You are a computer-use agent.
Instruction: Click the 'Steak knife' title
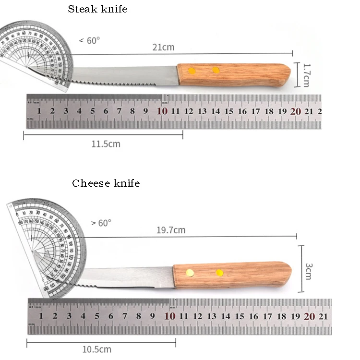[97, 9]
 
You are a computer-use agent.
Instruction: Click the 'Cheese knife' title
[106, 183]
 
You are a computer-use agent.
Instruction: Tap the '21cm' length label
[163, 47]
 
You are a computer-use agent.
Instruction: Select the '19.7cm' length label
[171, 230]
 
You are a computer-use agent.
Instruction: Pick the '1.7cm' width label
[306, 75]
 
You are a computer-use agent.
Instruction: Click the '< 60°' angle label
[90, 41]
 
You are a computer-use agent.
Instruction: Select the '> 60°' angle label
[101, 223]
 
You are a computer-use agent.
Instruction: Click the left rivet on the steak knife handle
[192, 71]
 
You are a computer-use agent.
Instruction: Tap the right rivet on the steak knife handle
[216, 70]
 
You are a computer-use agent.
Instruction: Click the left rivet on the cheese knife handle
[190, 273]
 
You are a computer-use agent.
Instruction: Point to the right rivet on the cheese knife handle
[219, 273]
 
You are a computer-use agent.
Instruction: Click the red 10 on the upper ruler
[162, 111]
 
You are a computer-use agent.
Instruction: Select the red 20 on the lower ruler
[310, 316]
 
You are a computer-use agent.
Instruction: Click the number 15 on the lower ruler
[240, 316]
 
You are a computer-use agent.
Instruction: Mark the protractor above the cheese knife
[46, 245]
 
